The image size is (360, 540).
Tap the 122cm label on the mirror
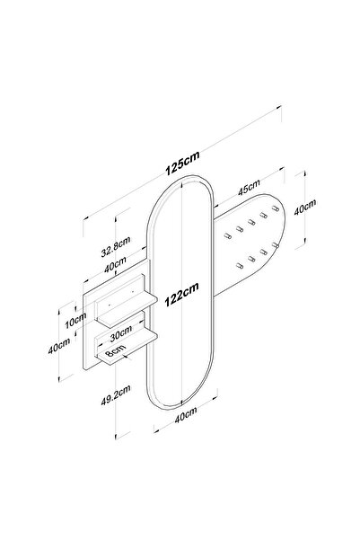[181, 295]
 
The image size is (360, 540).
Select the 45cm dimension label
[249, 188]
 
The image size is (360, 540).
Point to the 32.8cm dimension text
[116, 246]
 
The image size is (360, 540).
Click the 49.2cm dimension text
[116, 395]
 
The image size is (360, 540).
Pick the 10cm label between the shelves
[75, 320]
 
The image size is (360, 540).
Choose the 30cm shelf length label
[121, 333]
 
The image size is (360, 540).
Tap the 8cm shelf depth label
[115, 351]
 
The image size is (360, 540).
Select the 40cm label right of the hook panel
[304, 207]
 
